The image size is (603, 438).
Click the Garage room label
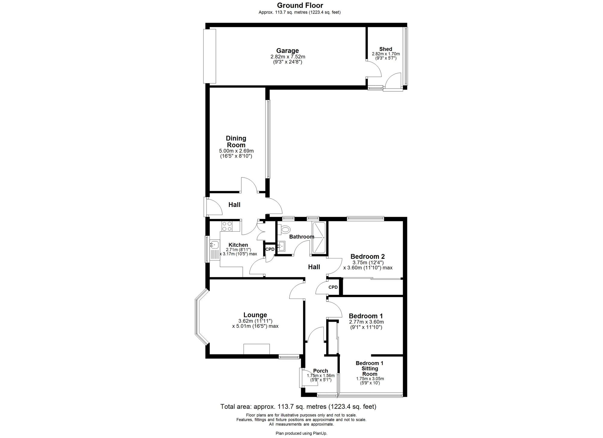[288, 51]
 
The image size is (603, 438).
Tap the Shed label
[386, 49]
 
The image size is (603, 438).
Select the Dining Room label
[236, 142]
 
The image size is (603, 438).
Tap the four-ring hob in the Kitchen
[226, 226]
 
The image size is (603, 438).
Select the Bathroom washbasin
[282, 246]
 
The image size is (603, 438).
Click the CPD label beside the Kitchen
[270, 249]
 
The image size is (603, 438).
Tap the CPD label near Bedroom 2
[333, 287]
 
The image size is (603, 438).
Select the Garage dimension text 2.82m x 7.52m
[288, 57]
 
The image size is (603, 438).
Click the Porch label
[320, 371]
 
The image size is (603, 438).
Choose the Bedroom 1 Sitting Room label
[370, 368]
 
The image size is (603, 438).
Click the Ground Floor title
[300, 5]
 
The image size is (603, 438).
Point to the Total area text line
[298, 407]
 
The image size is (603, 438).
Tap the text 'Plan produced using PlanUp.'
[301, 433]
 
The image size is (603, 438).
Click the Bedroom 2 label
[368, 257]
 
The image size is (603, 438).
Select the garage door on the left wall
[210, 56]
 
